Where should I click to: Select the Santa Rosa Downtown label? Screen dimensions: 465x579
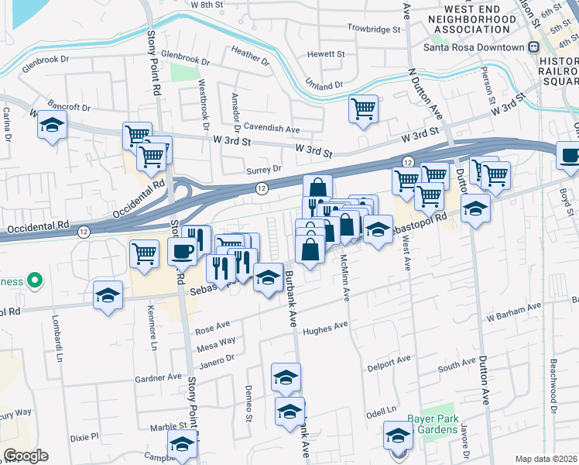pos(474,46)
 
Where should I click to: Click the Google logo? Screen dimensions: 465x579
pos(26,456)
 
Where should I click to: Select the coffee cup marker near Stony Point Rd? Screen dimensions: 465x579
pos(182,251)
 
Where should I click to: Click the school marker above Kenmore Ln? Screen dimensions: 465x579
pos(108,295)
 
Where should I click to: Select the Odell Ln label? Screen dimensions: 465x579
pos(381,409)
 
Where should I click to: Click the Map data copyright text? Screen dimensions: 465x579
pos(546,459)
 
